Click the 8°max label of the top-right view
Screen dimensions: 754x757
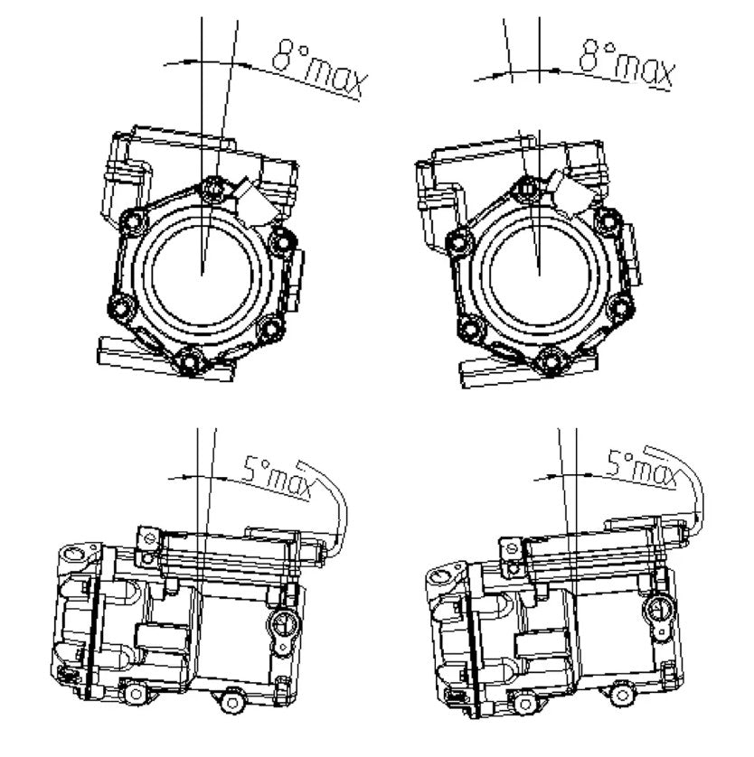(626, 64)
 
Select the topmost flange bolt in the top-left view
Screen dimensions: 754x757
(212, 189)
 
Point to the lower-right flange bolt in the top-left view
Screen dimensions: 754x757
(270, 328)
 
